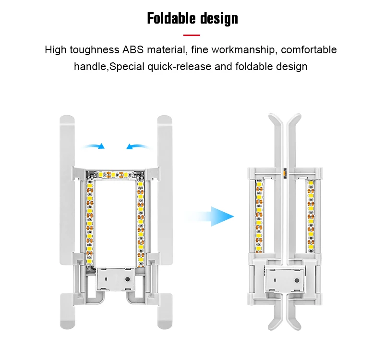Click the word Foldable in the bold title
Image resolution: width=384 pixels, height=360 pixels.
pyautogui.click(x=168, y=19)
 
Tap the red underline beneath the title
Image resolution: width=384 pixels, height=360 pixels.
pyautogui.click(x=192, y=35)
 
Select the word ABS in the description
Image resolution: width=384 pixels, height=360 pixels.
pyautogui.click(x=136, y=50)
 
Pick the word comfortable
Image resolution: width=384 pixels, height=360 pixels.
pyautogui.click(x=309, y=50)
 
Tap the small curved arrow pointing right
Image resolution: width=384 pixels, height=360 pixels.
pyautogui.click(x=94, y=145)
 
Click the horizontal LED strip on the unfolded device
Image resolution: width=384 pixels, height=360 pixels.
pyautogui.click(x=115, y=173)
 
